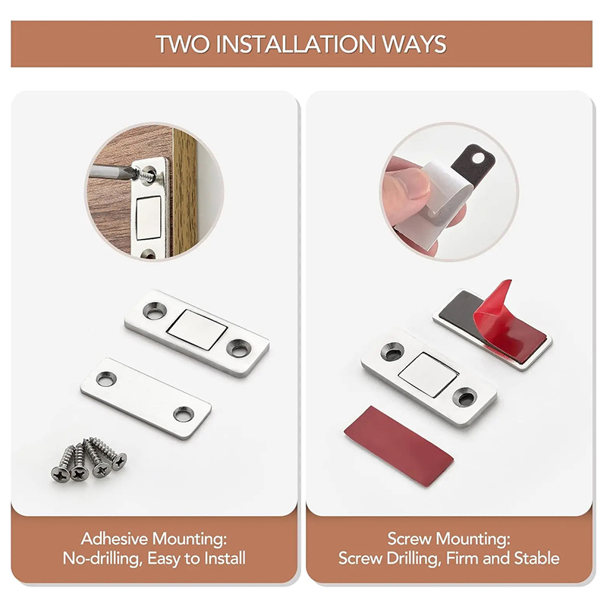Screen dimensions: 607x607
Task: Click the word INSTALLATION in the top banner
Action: point(295,44)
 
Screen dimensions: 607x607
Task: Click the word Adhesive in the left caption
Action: point(115,539)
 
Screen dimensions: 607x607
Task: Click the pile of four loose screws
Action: point(89,460)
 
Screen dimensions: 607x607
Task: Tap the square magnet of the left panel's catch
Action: point(197,330)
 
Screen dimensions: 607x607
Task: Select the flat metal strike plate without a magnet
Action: point(146,398)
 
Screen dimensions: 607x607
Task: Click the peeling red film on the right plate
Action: point(503,316)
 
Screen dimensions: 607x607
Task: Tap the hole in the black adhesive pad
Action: point(480,157)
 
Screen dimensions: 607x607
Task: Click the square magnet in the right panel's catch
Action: point(428,374)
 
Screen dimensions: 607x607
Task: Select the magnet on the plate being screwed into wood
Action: point(149,218)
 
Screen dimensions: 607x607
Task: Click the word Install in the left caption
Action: point(225,558)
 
